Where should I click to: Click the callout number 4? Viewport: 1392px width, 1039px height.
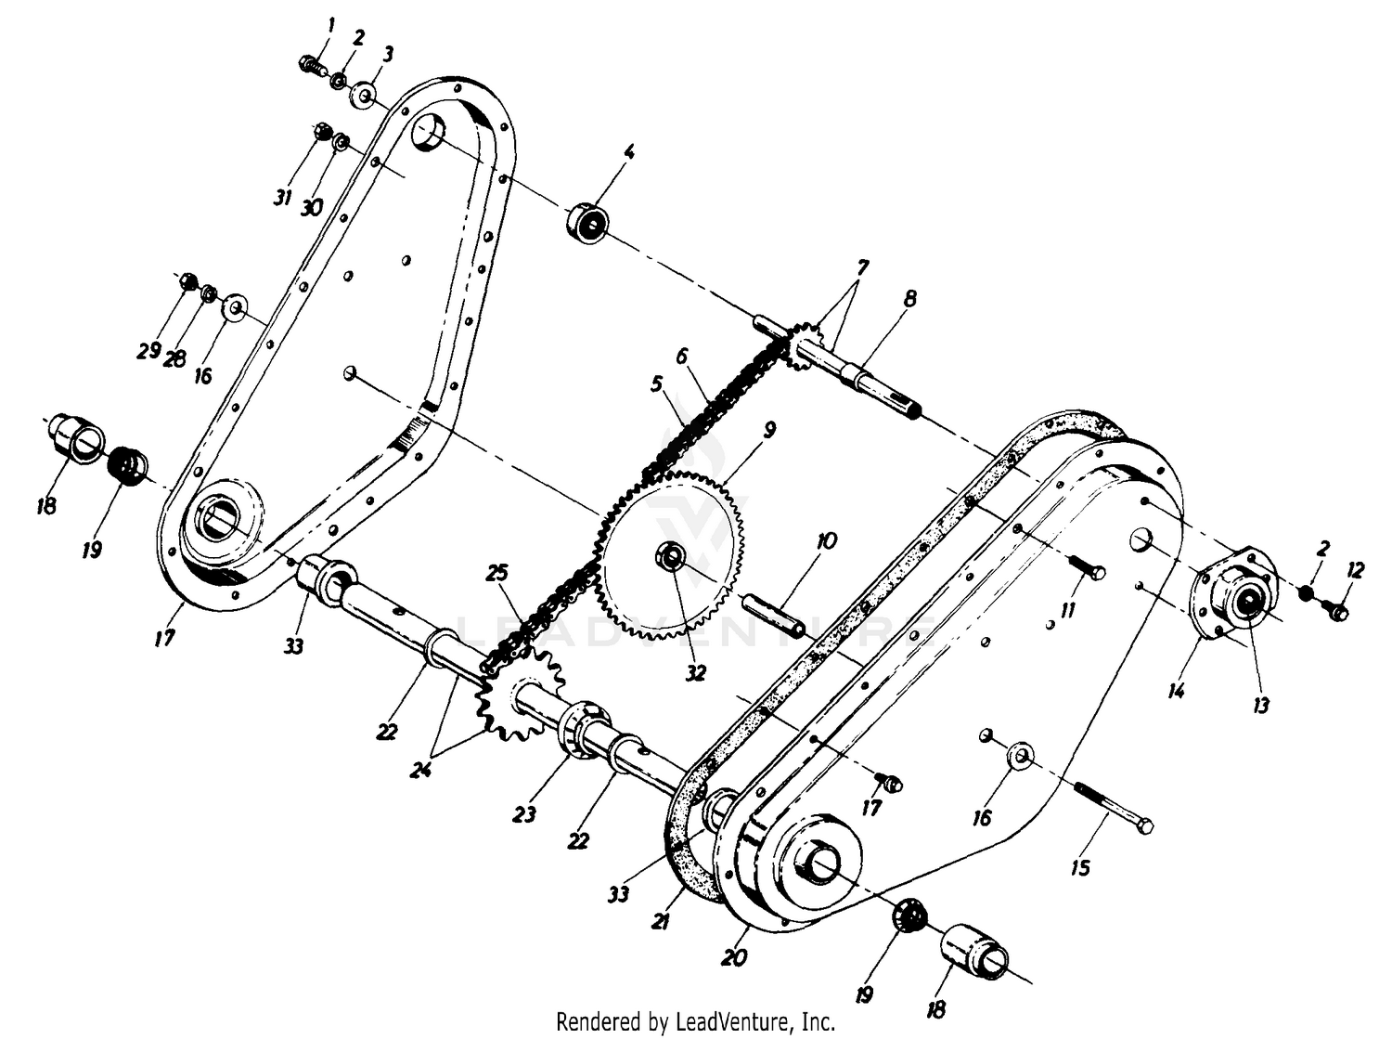(628, 151)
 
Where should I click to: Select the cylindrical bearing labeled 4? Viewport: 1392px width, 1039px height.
(586, 222)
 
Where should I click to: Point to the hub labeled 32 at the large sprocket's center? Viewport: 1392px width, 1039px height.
(670, 556)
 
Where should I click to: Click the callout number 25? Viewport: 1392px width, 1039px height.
(497, 573)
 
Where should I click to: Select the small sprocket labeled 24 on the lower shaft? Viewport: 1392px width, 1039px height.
(518, 695)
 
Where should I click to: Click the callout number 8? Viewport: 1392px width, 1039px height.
(910, 298)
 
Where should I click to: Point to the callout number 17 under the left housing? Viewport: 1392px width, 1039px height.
(164, 636)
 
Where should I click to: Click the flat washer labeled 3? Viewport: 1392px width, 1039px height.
(364, 95)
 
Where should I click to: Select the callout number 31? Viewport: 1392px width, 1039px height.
(283, 197)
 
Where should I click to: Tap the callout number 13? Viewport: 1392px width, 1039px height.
(1261, 704)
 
